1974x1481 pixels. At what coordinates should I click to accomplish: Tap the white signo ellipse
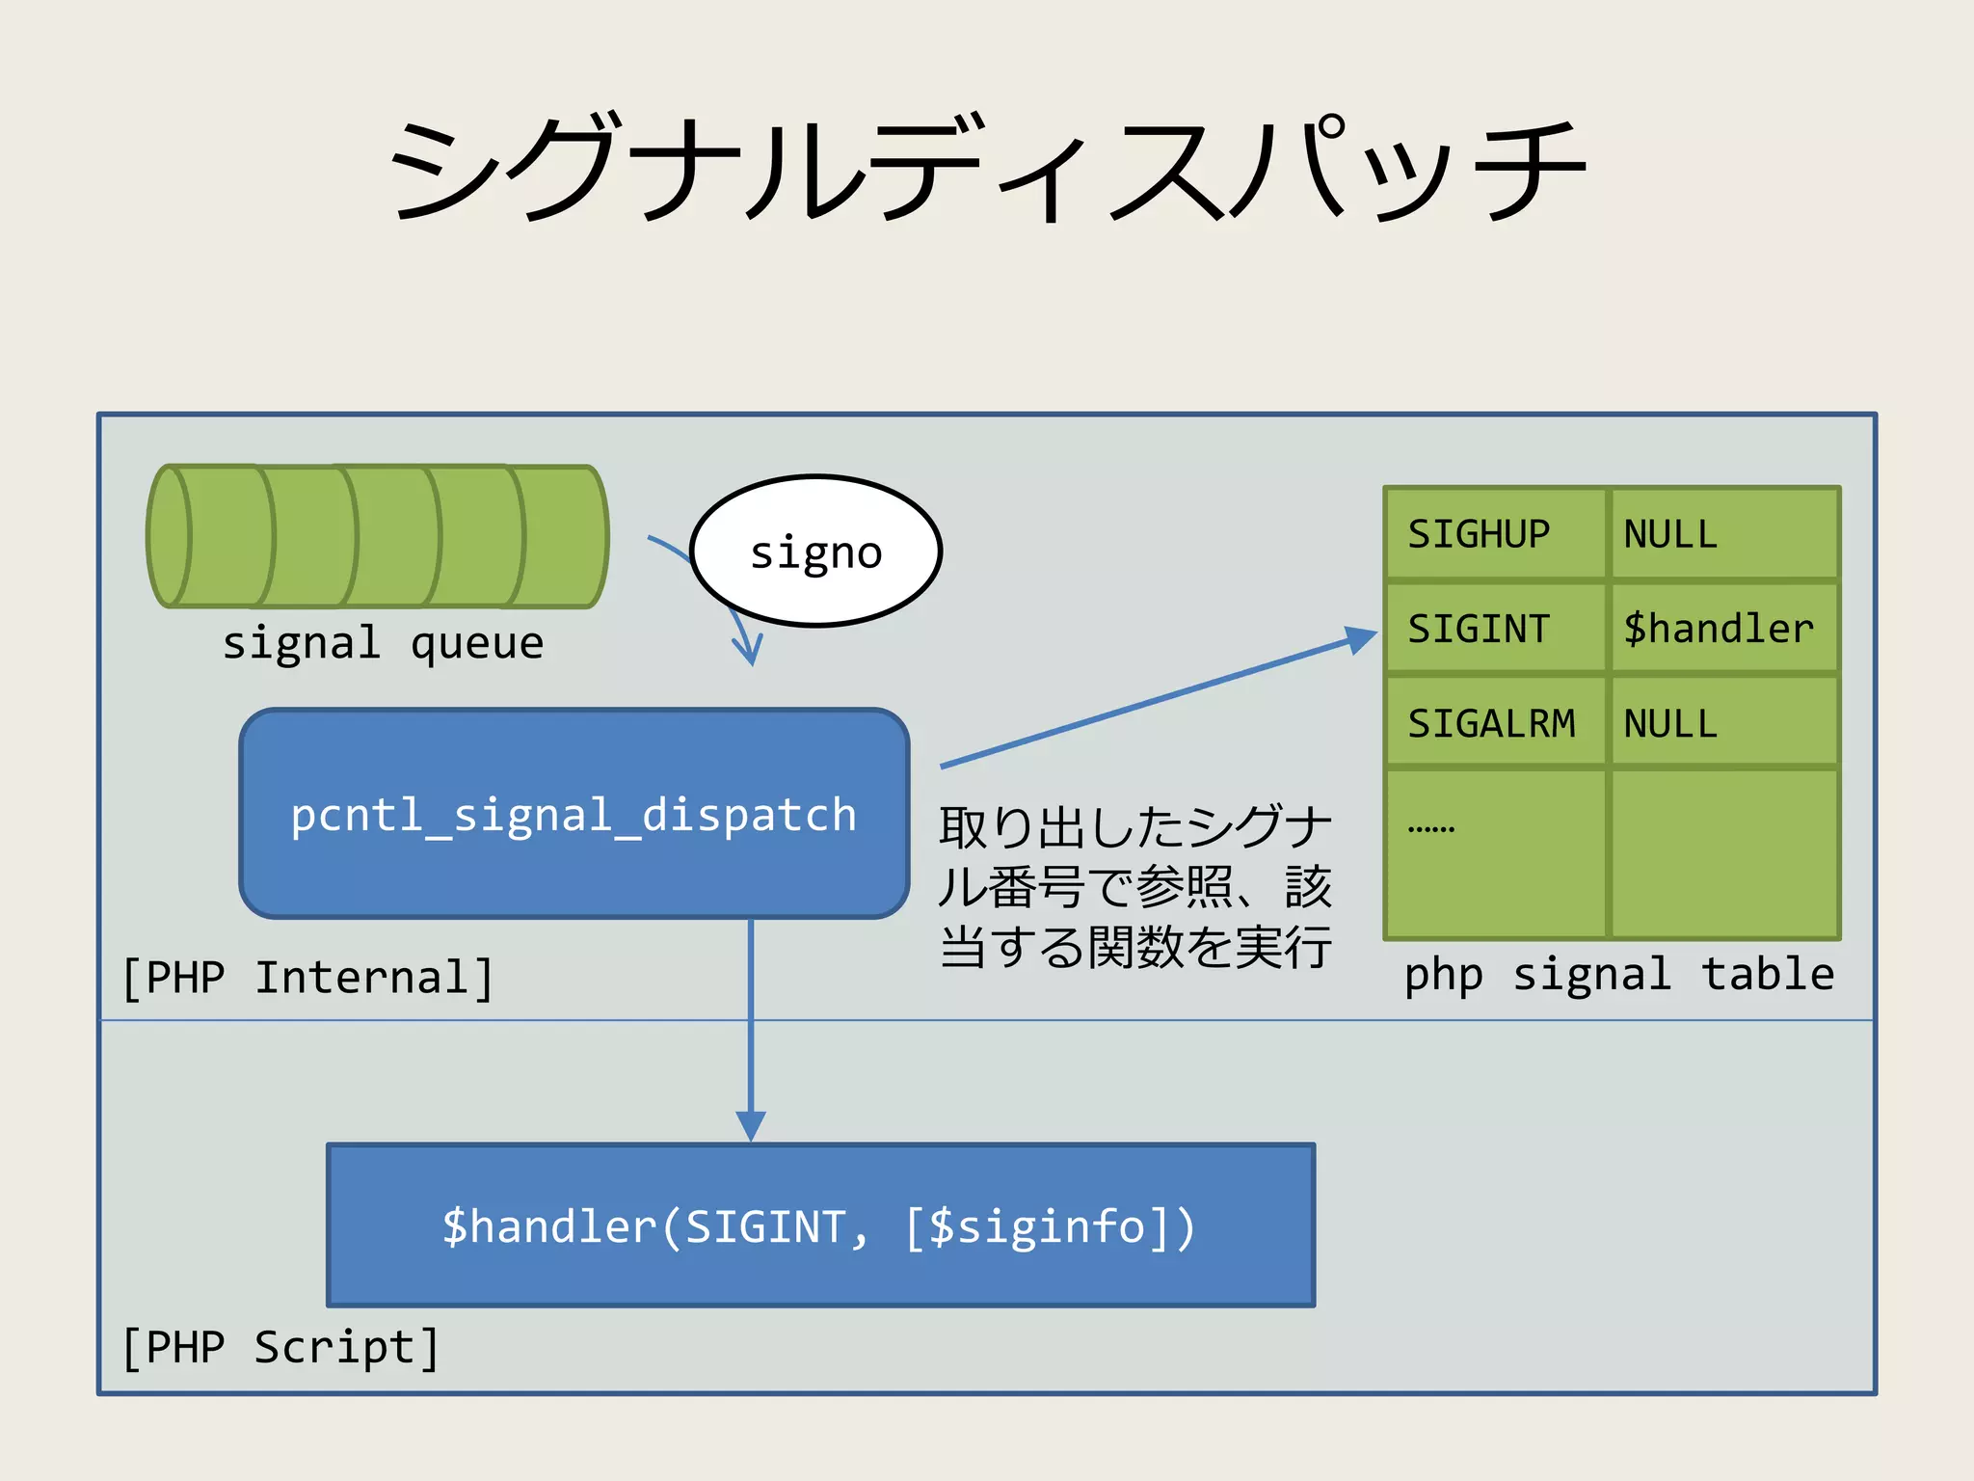tap(815, 552)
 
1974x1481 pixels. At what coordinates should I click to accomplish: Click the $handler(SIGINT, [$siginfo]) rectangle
tap(820, 1225)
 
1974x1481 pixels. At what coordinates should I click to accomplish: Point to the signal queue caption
tap(383, 643)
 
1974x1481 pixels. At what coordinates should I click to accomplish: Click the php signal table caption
tap(1618, 974)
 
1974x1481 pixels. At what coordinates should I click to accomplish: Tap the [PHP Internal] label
tap(307, 978)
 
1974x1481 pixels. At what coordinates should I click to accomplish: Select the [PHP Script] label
tap(280, 1347)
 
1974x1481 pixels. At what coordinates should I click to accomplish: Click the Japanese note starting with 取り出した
tap(1134, 887)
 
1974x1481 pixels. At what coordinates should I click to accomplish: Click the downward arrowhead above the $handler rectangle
tap(751, 1126)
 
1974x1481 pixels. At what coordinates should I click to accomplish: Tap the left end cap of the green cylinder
tap(170, 536)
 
